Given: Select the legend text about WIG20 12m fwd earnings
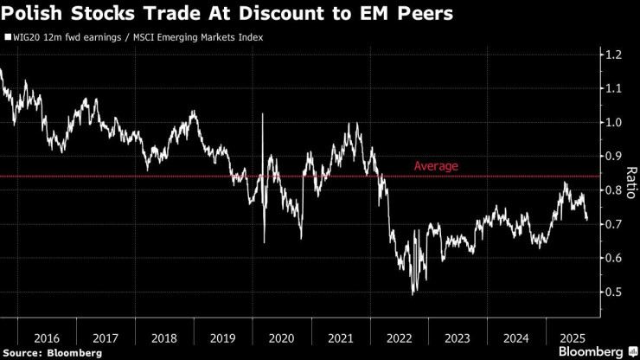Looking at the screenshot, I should click(x=138, y=38).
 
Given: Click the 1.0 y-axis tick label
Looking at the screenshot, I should click(x=614, y=122).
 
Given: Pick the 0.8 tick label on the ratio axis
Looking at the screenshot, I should click(x=614, y=190).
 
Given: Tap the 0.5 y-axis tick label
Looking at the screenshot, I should click(x=614, y=292).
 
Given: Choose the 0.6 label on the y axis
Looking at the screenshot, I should click(x=614, y=258).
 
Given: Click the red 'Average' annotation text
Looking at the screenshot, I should click(x=436, y=165).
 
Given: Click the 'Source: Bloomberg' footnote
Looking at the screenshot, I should click(x=53, y=352).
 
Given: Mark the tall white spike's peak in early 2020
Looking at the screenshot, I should click(x=262, y=114).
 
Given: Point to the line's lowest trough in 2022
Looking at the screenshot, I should click(x=413, y=294).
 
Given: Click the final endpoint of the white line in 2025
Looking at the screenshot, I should click(x=587, y=220).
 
